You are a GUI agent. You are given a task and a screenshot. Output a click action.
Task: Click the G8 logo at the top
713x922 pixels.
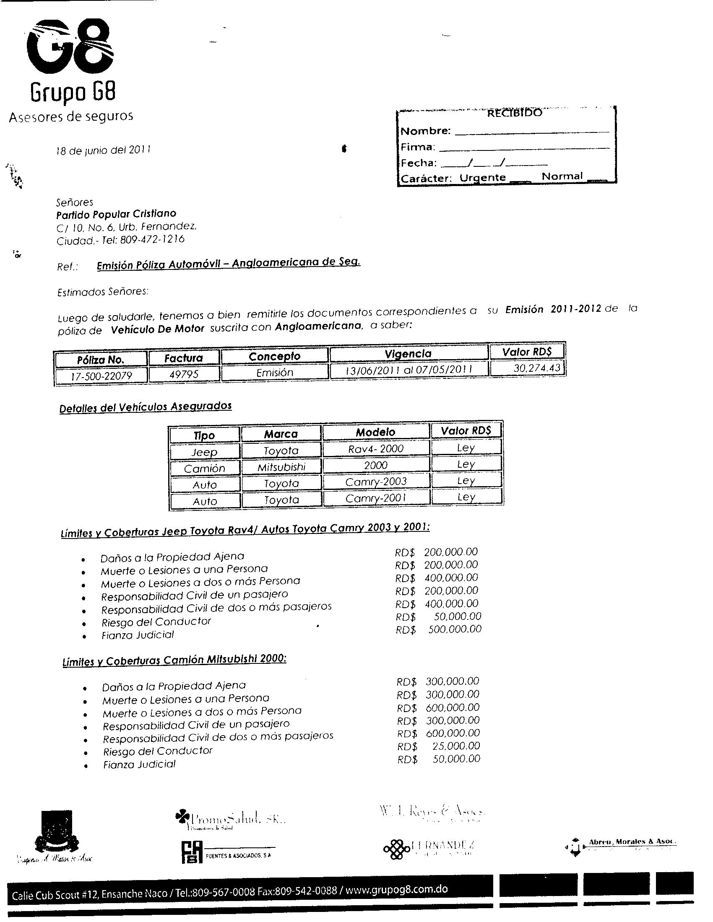70,49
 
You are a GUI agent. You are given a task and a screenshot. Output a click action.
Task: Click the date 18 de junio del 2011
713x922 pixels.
104,150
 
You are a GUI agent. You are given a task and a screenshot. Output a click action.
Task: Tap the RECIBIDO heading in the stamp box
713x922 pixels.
514,113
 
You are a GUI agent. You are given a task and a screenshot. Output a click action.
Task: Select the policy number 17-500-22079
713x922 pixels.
101,376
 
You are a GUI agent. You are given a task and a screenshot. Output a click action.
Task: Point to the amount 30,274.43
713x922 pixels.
536,368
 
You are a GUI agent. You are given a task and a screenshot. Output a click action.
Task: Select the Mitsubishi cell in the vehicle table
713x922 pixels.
281,466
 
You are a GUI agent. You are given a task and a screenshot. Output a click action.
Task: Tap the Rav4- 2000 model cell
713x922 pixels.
375,448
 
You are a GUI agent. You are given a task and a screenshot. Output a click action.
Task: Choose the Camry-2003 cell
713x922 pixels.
375,482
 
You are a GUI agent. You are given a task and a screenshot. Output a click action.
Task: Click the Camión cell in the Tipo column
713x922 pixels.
204,468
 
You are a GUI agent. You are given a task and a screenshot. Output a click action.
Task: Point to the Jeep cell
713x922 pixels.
204,452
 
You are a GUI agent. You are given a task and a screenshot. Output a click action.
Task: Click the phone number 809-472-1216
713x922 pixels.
152,239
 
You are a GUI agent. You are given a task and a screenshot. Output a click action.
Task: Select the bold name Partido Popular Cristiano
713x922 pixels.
116,214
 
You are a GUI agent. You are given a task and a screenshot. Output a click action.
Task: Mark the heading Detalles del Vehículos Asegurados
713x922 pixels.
145,407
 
